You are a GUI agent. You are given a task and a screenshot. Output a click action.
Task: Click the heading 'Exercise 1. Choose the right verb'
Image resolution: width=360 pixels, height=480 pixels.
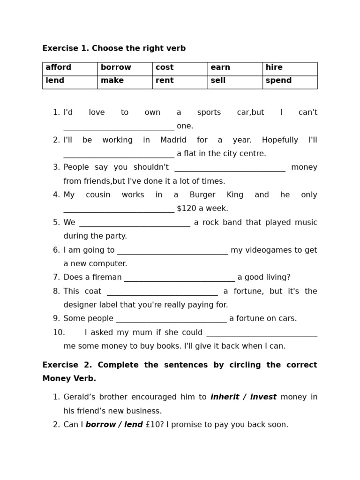coord(114,48)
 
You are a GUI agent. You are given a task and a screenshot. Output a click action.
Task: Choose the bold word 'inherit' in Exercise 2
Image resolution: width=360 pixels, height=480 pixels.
coord(225,397)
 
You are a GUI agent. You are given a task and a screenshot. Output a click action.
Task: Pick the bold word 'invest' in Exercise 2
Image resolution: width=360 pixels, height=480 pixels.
coord(263,397)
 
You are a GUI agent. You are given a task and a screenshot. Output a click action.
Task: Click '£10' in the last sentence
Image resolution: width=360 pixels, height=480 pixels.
coord(155,425)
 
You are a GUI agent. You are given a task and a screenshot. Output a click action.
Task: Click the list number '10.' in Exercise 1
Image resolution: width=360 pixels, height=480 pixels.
coord(59,332)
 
